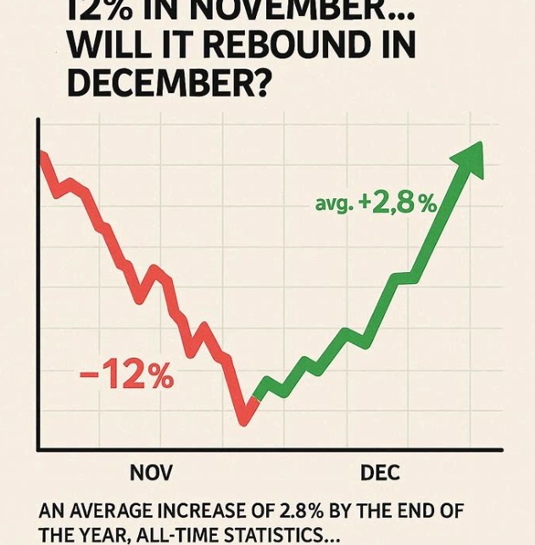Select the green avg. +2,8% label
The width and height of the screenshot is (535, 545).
[x=376, y=203]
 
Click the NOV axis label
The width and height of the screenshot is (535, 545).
[x=151, y=472]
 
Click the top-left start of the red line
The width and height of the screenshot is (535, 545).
[x=40, y=153]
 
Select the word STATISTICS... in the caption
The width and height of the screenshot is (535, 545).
[x=279, y=536]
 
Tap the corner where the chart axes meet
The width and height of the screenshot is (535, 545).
[x=38, y=448]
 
